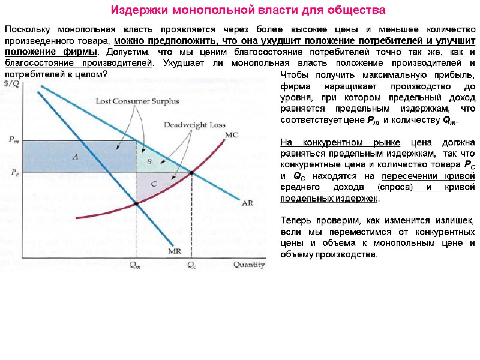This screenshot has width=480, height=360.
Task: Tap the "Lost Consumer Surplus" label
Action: [137, 101]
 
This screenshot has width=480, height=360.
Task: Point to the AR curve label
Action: [247, 203]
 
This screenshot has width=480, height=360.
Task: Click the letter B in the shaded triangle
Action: [149, 161]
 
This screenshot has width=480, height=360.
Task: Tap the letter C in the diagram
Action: [154, 184]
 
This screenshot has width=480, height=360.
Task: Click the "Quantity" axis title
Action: [249, 264]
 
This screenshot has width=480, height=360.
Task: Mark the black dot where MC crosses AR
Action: [191, 173]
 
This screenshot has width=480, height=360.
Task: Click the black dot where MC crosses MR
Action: [136, 204]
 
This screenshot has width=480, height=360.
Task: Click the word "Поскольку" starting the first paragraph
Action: [27, 29]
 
